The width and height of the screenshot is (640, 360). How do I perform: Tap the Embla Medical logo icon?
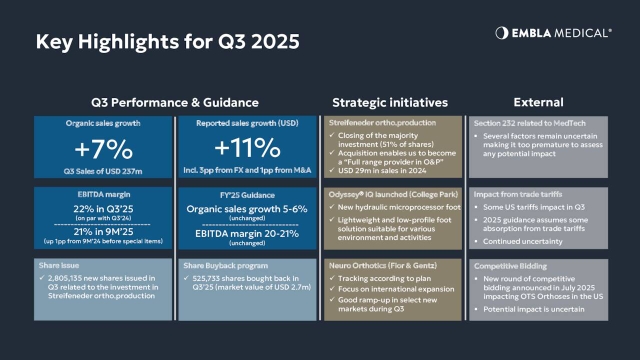tap(502, 33)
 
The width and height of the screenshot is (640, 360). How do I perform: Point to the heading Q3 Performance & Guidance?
tap(175, 102)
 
